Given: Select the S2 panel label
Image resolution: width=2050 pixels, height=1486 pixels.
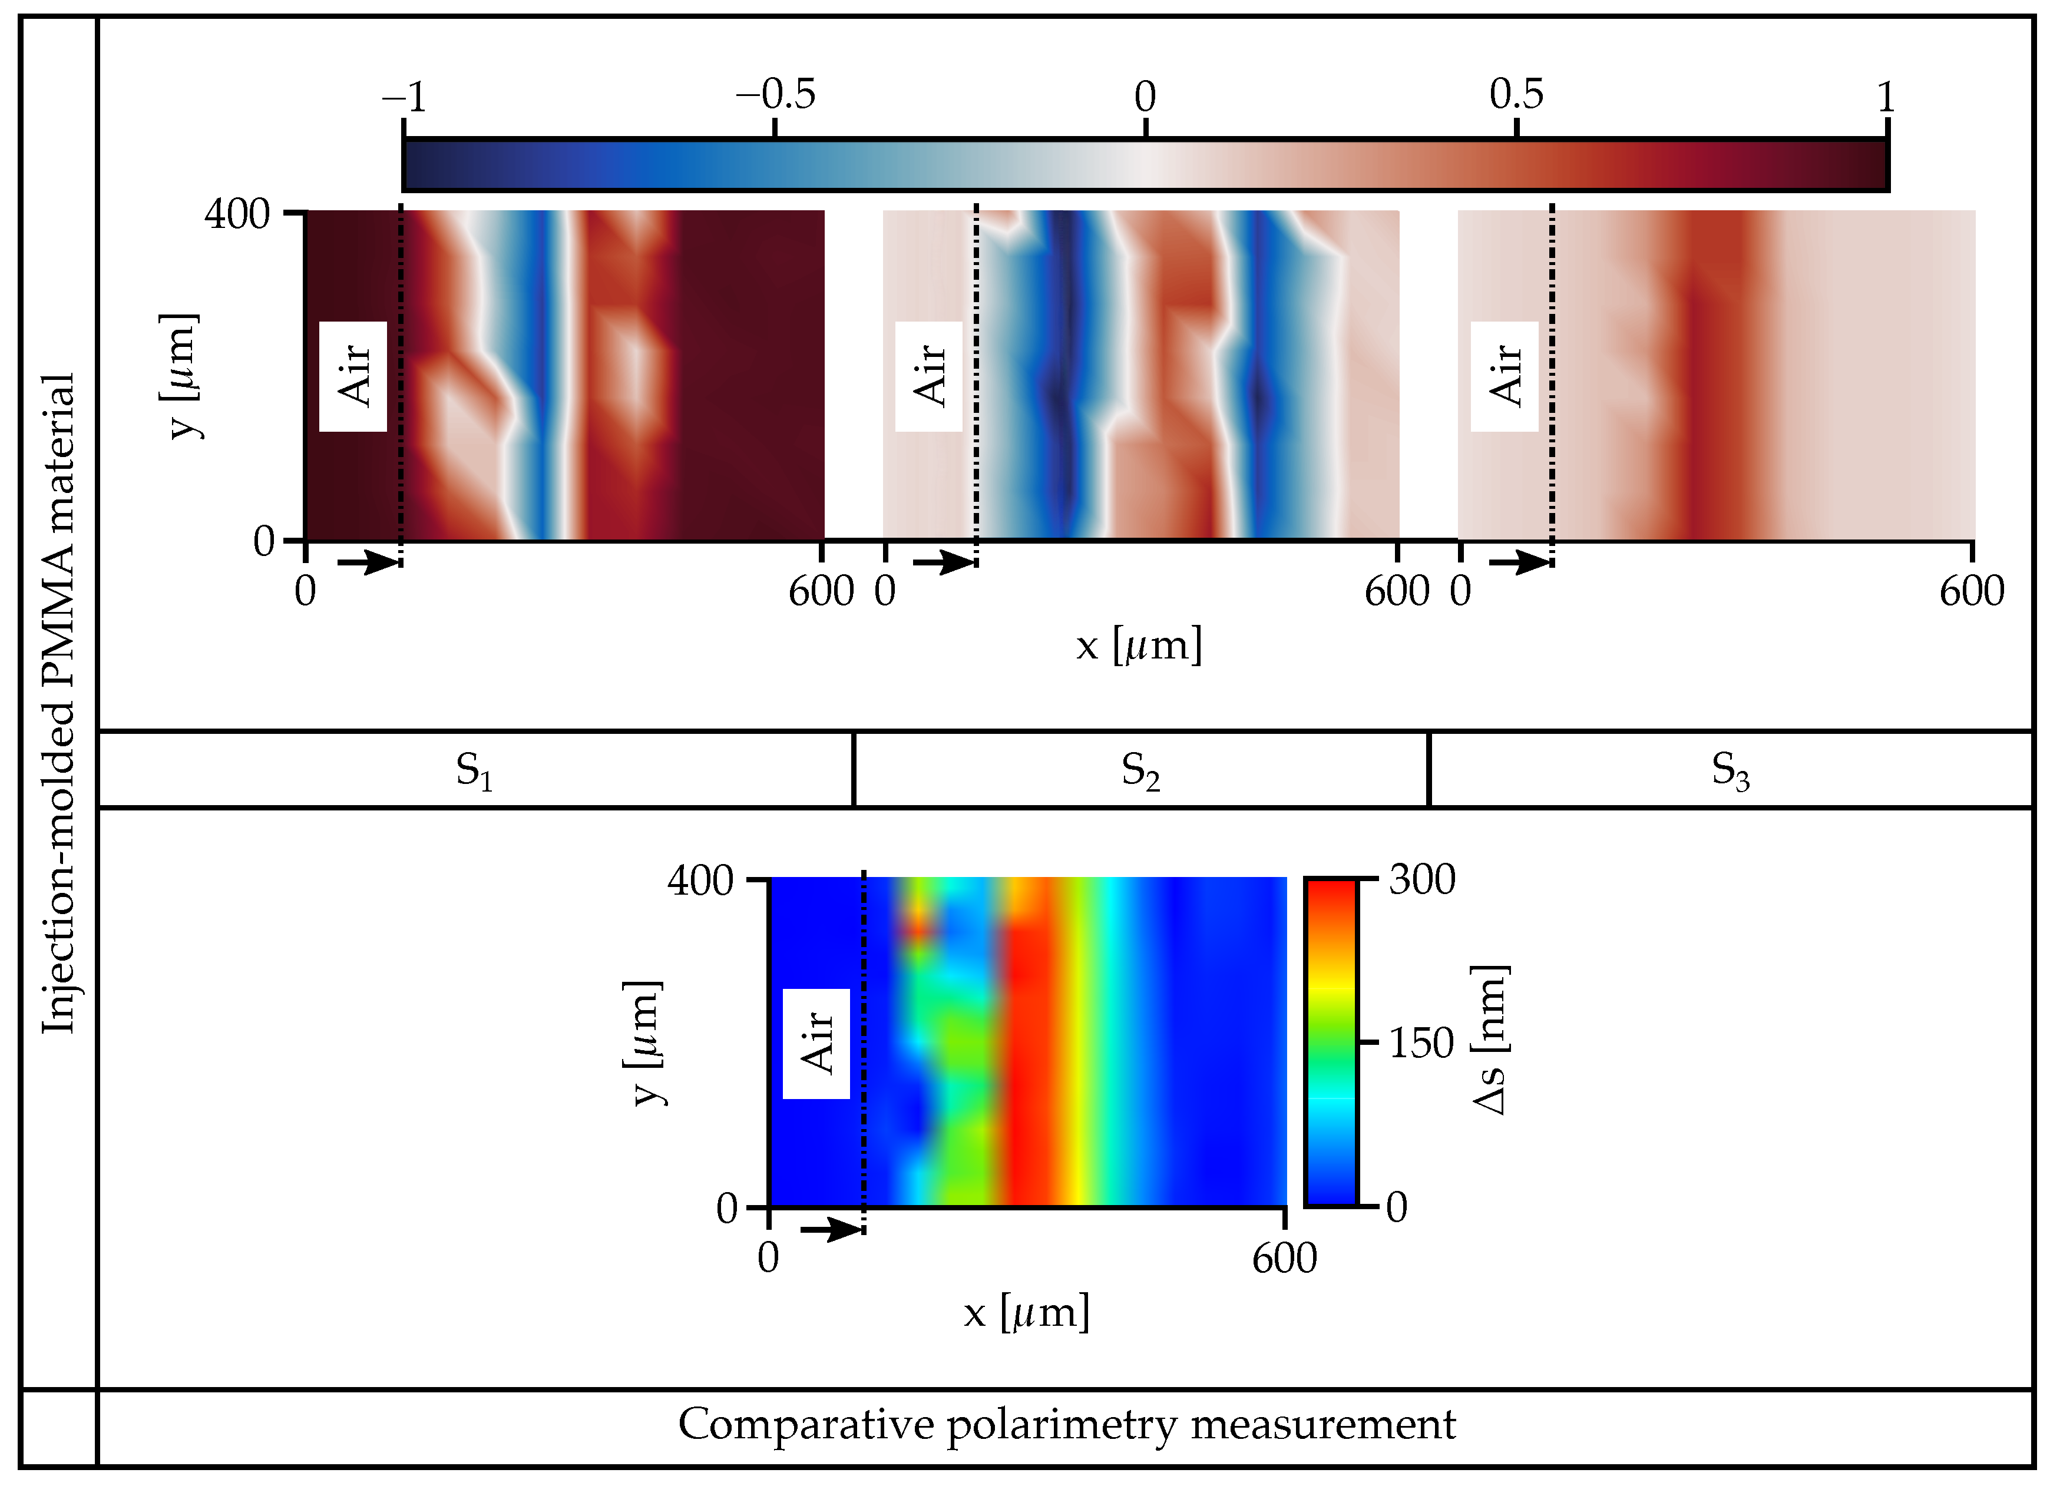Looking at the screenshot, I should tap(1140, 771).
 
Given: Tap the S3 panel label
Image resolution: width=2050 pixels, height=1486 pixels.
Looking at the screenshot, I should tap(1730, 771).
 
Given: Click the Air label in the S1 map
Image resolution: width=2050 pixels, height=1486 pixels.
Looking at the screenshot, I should tap(353, 376).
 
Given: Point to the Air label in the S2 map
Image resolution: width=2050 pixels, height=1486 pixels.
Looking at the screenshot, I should tap(929, 376).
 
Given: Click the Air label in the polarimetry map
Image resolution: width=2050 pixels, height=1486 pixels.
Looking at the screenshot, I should tap(816, 1044).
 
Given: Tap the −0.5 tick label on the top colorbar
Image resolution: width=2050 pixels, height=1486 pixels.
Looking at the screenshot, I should tap(776, 94).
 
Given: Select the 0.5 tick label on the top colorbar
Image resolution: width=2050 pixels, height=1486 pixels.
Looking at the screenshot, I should tap(1516, 94).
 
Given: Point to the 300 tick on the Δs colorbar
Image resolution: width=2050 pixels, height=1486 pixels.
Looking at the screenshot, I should tap(1422, 879).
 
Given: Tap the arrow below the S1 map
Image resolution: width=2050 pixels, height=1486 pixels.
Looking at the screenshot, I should tap(368, 563).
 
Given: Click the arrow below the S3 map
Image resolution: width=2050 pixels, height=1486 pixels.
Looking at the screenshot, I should tap(1519, 563).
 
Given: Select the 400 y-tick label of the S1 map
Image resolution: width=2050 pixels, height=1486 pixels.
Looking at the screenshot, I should tap(237, 214).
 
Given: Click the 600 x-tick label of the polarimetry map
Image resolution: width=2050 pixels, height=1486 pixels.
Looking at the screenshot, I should tap(1284, 1257).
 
